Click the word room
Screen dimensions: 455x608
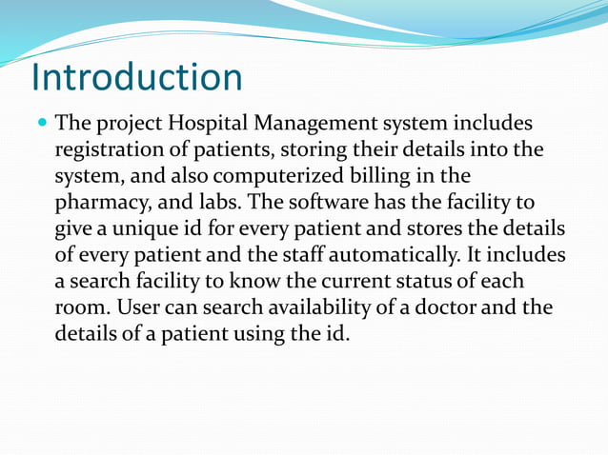click(78, 308)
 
